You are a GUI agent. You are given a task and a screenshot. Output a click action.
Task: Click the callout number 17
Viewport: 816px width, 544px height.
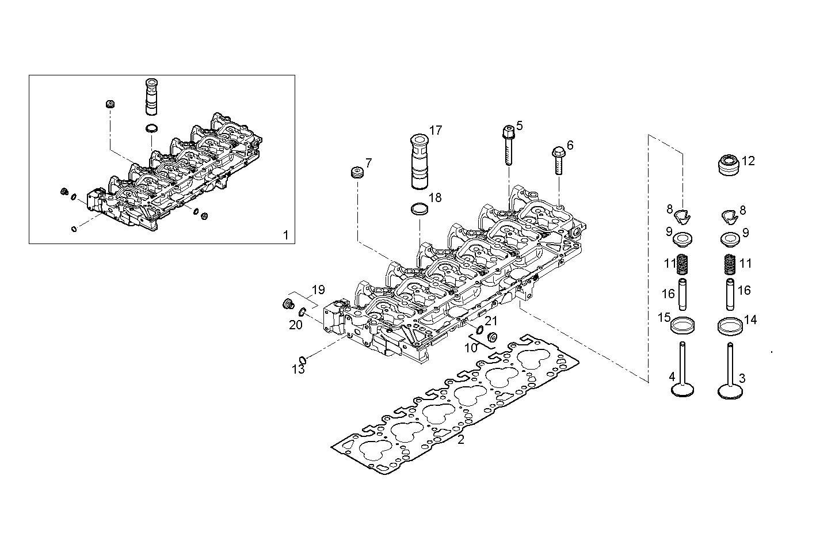pyautogui.click(x=436, y=131)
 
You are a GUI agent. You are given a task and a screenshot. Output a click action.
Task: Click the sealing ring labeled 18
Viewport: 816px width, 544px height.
pyautogui.click(x=421, y=208)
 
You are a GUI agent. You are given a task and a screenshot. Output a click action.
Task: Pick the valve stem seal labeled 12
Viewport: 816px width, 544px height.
pyautogui.click(x=730, y=165)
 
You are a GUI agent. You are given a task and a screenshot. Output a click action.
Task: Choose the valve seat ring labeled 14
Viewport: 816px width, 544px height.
pyautogui.click(x=730, y=325)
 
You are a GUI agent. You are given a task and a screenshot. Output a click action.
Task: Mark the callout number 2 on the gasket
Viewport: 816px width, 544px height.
pyautogui.click(x=460, y=440)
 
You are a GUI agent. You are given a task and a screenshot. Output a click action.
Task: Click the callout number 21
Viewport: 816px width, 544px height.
pyautogui.click(x=490, y=320)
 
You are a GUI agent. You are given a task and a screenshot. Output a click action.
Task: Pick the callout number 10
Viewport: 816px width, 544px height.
pyautogui.click(x=471, y=348)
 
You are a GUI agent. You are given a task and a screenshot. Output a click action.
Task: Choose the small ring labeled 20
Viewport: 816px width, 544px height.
pyautogui.click(x=302, y=313)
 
